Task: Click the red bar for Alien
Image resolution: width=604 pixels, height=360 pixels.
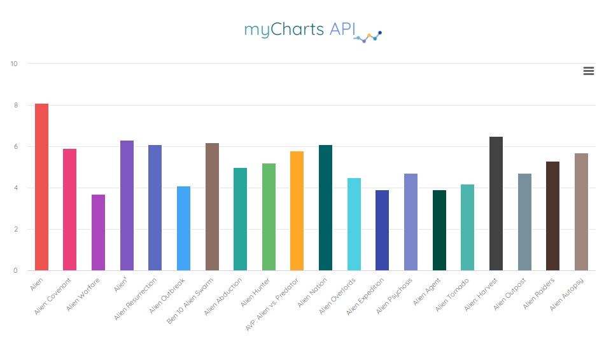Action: tap(41, 187)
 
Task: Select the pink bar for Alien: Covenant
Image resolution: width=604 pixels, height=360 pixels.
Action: tap(70, 210)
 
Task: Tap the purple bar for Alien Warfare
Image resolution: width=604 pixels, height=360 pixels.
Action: tap(98, 233)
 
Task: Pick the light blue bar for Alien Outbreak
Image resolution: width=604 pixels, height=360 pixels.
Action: tap(183, 228)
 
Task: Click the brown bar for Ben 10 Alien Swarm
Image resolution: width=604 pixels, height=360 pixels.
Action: tap(212, 207)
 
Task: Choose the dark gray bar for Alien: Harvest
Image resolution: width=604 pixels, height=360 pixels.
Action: tap(496, 204)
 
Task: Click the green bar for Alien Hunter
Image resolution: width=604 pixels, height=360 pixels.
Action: tap(269, 217)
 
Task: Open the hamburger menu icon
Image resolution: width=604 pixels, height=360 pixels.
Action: tap(589, 71)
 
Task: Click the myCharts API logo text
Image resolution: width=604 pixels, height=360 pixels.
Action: tap(299, 30)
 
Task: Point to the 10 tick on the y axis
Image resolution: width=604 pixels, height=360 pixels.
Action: tap(14, 64)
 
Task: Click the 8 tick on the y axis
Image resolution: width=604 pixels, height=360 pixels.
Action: tap(16, 105)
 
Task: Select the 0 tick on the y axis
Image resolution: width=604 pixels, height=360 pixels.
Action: tap(16, 271)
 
